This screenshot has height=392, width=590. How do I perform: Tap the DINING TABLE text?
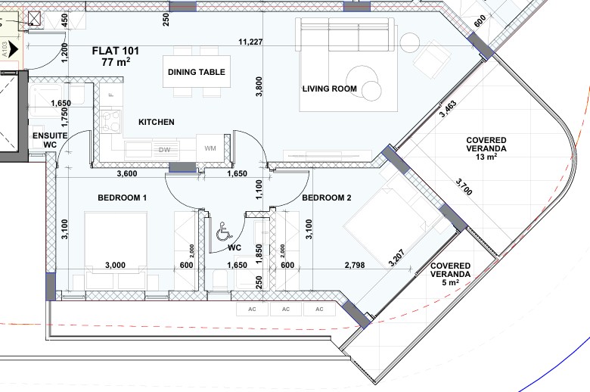197,72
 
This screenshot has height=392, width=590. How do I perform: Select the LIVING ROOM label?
330,89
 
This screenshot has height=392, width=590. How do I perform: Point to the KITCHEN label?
157,122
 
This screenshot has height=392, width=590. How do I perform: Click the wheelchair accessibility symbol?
224,232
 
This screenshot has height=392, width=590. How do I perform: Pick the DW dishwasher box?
164,150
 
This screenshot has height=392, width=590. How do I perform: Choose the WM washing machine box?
210,148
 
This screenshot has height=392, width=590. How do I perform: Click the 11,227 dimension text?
250,42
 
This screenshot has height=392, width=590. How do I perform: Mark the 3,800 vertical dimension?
259,86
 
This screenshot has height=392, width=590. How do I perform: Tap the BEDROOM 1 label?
123,198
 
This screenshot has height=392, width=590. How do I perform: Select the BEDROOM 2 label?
327,198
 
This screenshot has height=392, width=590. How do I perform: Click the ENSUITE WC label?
50,140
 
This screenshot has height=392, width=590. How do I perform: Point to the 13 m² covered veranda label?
486,148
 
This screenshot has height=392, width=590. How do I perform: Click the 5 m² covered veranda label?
450,274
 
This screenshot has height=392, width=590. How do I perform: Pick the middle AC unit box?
286,310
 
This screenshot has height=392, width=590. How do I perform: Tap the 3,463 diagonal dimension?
448,108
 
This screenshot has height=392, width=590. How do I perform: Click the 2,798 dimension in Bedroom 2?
355,265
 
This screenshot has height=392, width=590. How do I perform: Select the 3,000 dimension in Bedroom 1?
115,265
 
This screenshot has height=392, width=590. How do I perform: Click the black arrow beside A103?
13,49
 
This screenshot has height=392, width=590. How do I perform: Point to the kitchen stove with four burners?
111,121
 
